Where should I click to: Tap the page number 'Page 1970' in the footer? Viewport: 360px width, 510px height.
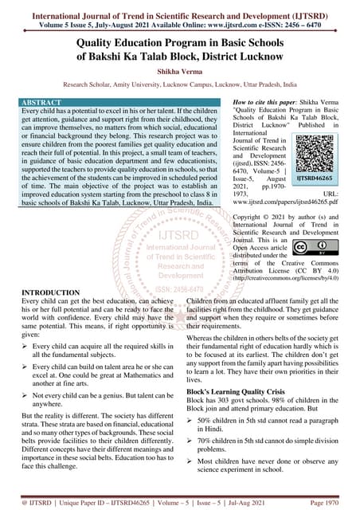(x=326, y=503)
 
